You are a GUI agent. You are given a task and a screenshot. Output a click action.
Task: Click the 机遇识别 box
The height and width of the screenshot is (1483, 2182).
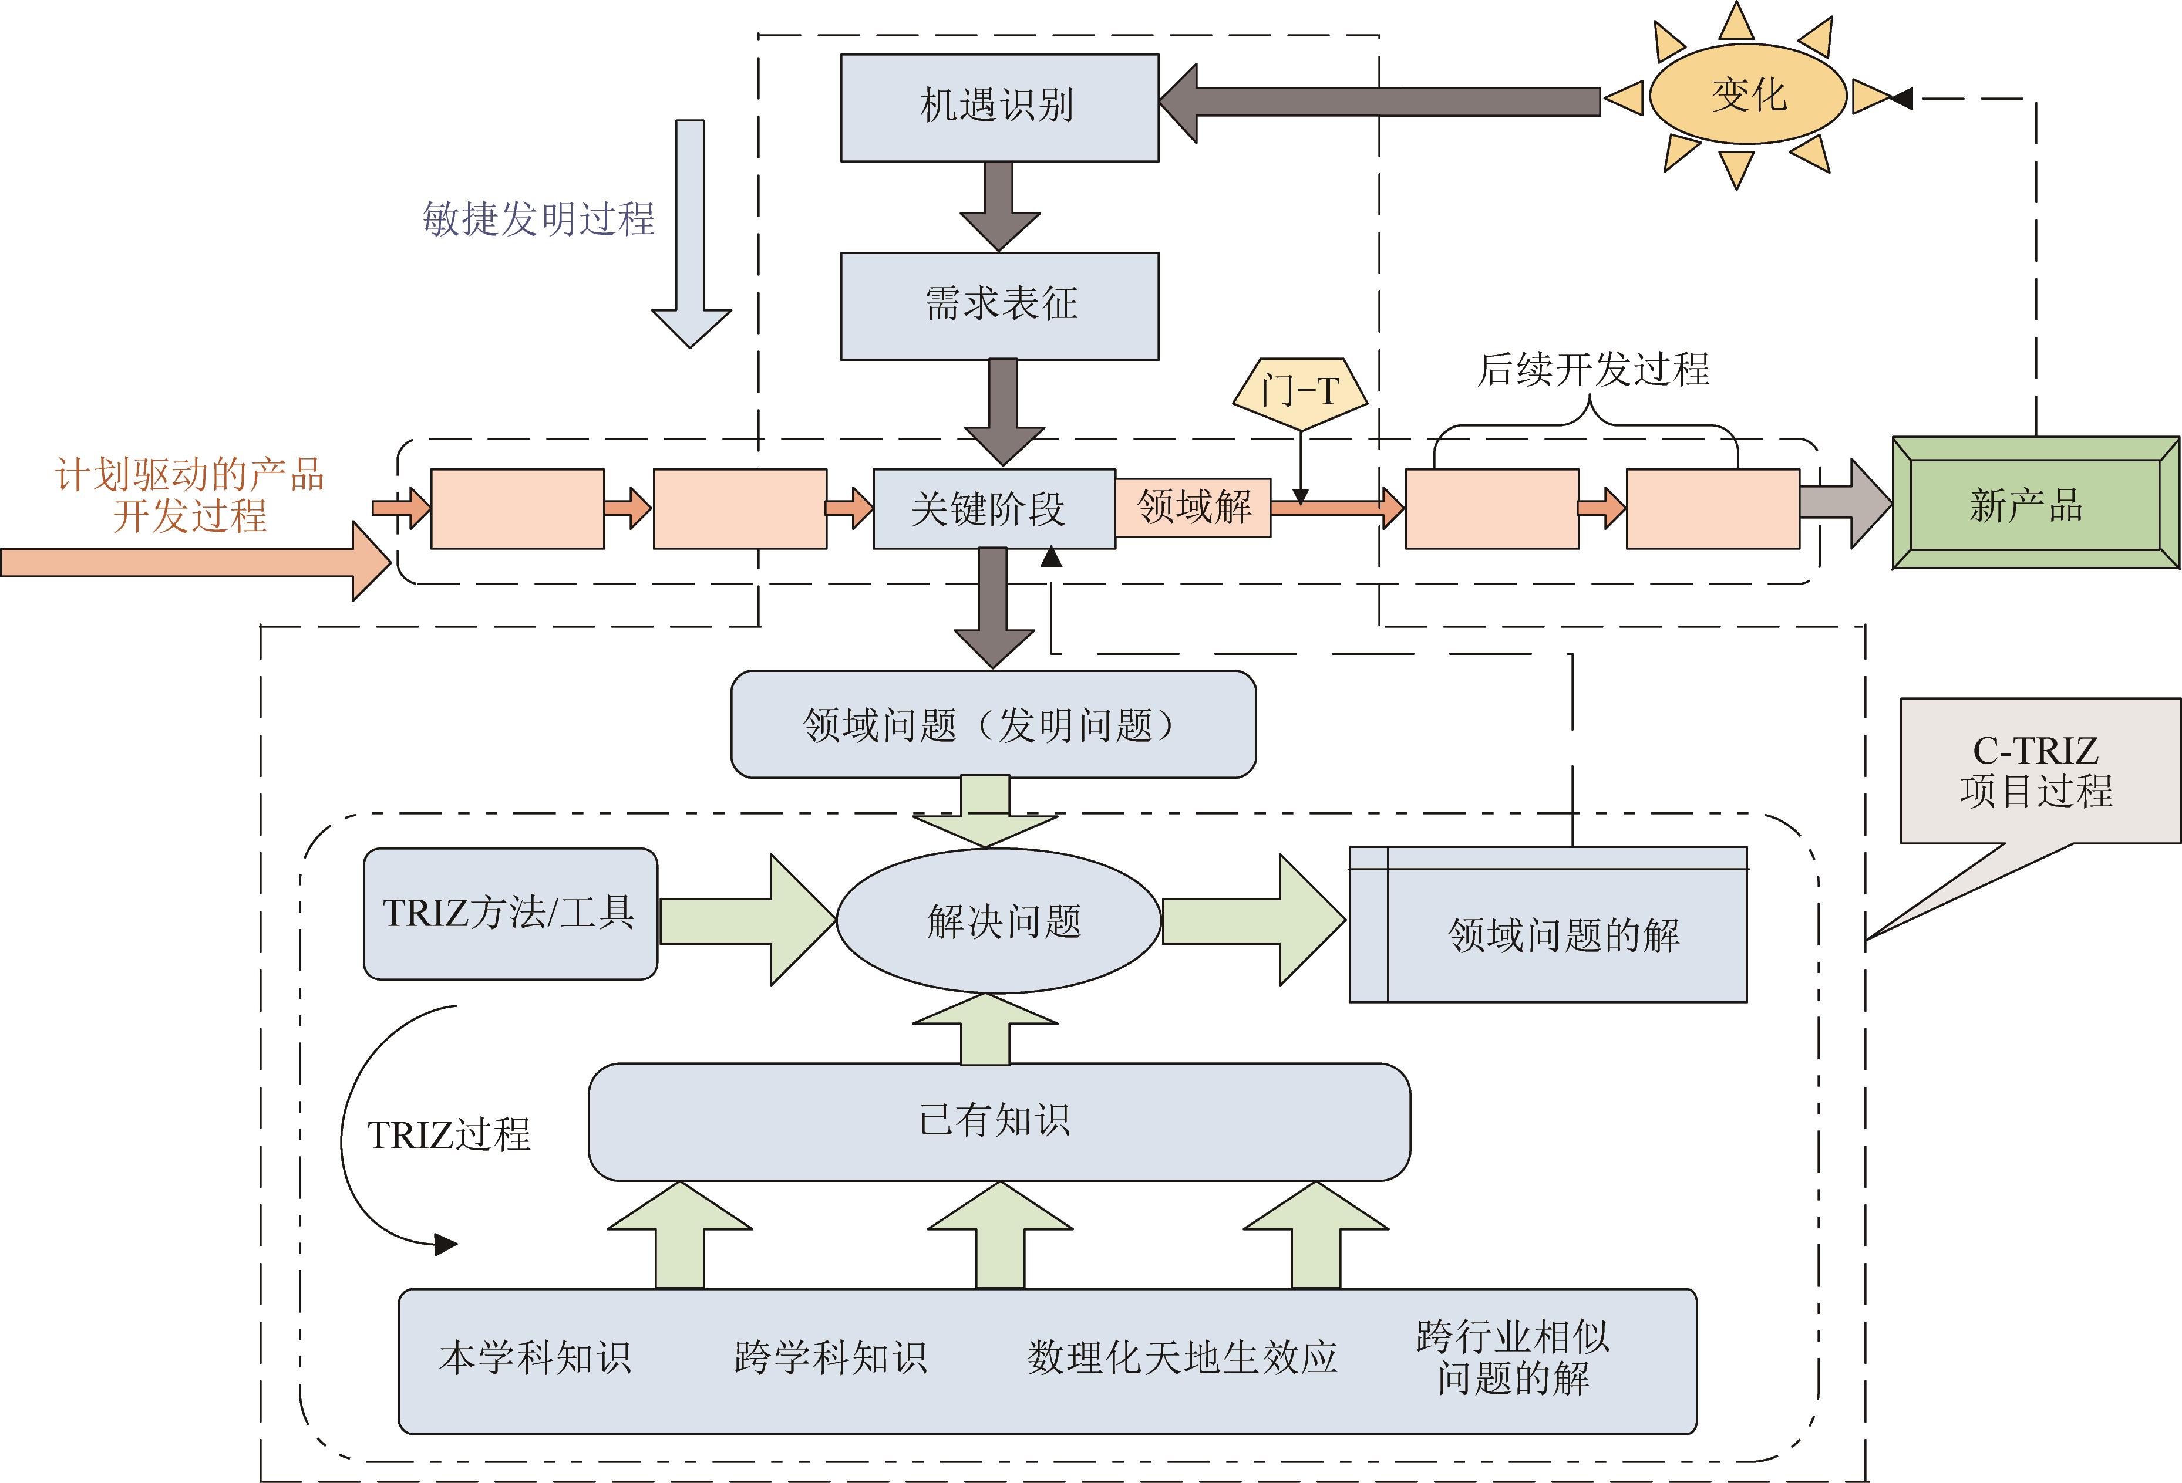(999, 107)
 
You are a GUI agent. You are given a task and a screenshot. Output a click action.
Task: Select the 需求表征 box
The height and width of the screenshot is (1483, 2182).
(999, 305)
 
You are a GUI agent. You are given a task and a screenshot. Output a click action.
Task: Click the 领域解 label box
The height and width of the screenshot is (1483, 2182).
(1193, 508)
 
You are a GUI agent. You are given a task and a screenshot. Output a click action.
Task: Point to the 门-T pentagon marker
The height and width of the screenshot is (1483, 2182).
(1299, 393)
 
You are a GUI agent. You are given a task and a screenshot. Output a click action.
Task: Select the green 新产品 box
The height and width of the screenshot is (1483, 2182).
(2035, 503)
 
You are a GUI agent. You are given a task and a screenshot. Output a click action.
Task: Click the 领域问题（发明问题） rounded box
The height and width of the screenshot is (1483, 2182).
(992, 724)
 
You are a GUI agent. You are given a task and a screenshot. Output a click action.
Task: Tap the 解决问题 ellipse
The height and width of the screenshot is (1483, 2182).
(999, 921)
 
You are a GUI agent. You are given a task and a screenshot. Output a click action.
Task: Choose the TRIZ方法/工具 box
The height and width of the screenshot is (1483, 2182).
(510, 913)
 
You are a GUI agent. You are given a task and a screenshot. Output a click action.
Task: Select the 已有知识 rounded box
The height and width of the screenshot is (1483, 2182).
(999, 1121)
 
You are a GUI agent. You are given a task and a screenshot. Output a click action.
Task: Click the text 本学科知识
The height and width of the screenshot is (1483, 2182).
(535, 1358)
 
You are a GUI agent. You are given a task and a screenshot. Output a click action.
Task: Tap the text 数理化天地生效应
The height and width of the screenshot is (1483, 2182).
(1181, 1358)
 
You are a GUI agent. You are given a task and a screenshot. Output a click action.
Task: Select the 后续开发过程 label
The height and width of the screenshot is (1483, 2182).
(1592, 369)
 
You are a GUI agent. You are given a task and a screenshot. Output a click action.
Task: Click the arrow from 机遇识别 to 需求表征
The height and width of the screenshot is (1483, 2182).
(999, 205)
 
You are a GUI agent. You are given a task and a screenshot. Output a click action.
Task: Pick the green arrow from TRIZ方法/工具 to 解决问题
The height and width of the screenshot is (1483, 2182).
(746, 920)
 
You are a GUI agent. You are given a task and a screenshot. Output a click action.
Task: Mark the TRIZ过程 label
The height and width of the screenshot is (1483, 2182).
(449, 1135)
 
